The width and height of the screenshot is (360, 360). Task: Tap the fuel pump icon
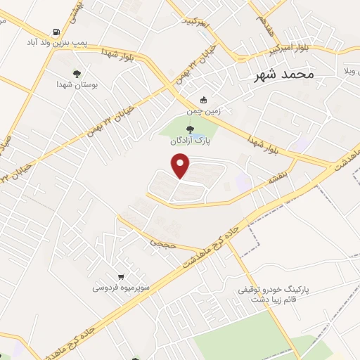[x=56, y=32]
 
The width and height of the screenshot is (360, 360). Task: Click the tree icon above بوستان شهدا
[x=77, y=72]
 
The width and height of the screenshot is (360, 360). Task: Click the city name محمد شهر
[x=285, y=73]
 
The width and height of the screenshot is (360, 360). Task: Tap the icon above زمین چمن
[x=204, y=99]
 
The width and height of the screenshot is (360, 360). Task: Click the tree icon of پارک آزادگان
[x=189, y=128]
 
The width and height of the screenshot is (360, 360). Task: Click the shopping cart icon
[x=122, y=276]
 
